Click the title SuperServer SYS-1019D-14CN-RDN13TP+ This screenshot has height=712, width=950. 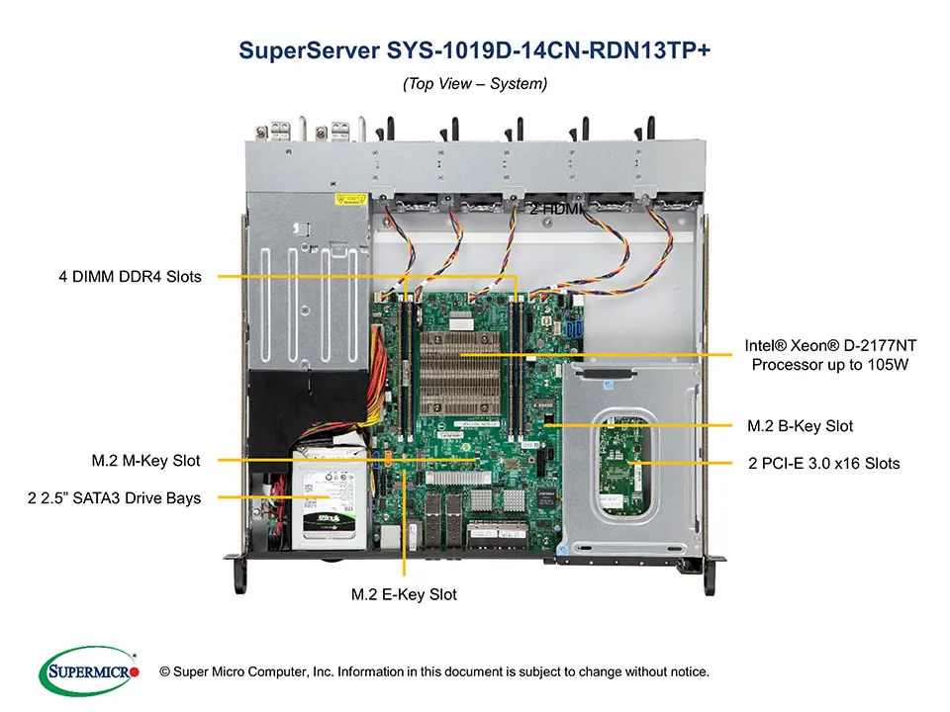coord(474,50)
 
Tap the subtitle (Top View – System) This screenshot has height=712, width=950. coord(474,84)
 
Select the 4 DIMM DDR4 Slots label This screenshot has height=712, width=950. coord(129,277)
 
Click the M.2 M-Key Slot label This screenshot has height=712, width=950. coord(145,460)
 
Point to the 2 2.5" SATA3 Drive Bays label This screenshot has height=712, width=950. coord(114,497)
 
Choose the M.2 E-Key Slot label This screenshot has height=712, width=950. coord(404,594)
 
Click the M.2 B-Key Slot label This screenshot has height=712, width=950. coord(799,426)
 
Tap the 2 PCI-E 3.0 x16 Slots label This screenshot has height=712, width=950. coord(822,463)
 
